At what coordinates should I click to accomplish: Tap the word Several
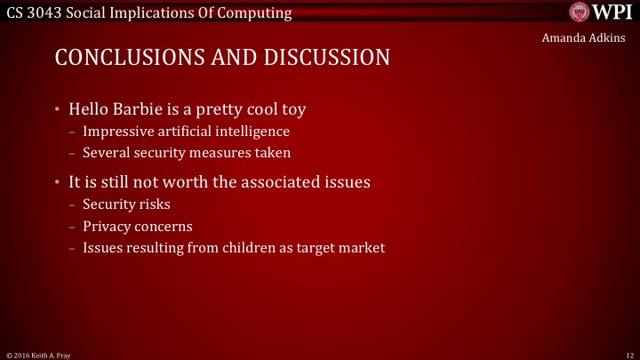106,152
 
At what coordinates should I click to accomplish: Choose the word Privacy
107,226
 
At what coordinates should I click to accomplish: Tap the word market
362,248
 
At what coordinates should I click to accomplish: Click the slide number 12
629,355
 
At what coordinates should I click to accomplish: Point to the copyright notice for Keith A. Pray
37,355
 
